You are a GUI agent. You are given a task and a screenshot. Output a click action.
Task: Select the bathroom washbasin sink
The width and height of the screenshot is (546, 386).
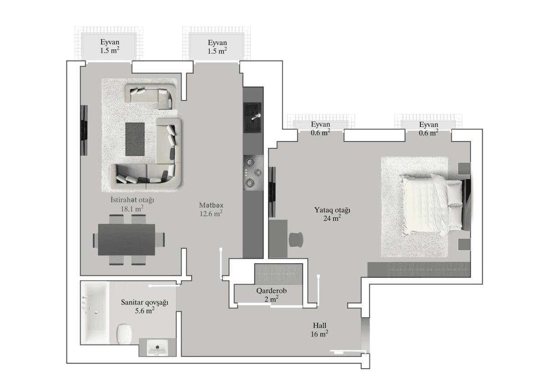coord(157,349)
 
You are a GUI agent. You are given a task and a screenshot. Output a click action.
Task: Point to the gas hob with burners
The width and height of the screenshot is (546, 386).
coord(253,173)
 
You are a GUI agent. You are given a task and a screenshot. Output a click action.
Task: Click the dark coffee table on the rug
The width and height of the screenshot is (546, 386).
coord(135,138)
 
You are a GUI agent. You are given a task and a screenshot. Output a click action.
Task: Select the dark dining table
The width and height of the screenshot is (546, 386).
coord(126,239)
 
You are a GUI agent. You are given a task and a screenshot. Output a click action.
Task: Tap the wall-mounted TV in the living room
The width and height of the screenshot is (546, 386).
coord(84,131)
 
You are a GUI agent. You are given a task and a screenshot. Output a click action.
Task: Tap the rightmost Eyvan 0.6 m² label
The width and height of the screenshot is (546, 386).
coord(429,129)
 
